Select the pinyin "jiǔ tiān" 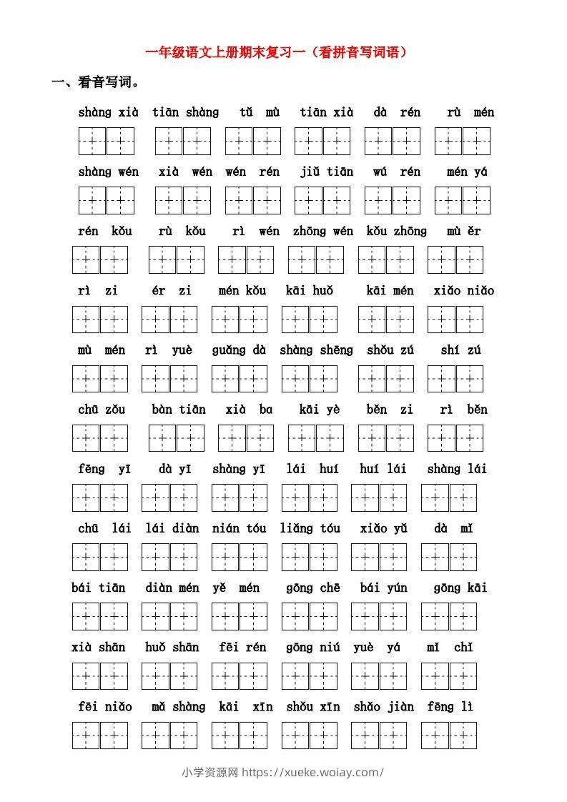tap(327, 172)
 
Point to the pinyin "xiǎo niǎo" tap(463, 290)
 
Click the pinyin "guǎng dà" tap(239, 350)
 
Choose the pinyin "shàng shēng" tap(316, 350)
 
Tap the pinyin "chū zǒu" tap(101, 409)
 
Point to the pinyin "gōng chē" tap(312, 588)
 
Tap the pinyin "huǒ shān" tap(172, 647)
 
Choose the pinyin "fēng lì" tap(450, 706)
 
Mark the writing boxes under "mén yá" tap(463, 200)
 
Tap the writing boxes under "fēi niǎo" tap(99, 735)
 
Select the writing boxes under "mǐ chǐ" tap(449, 675)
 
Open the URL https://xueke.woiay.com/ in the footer tap(313, 772)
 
